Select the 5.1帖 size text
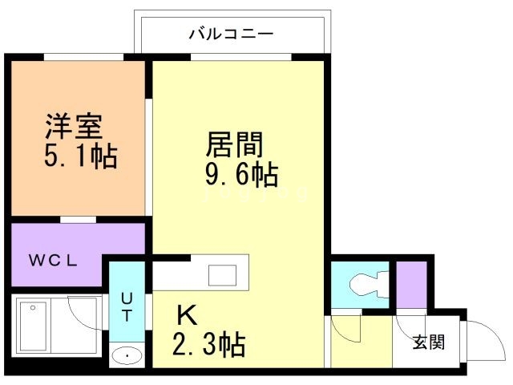(80, 156)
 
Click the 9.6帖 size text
(240, 173)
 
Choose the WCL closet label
(53, 261)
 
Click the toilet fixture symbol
(365, 284)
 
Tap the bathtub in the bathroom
(37, 328)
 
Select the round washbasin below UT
(125, 356)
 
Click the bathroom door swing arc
(84, 313)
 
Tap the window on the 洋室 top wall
(83, 56)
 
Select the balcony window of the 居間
(240, 56)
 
